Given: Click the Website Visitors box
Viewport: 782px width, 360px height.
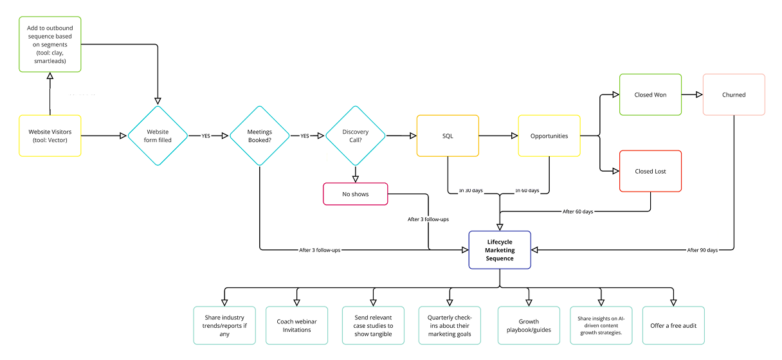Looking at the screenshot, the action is point(50,136).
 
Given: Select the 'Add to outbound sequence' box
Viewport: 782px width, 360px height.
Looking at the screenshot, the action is point(50,44).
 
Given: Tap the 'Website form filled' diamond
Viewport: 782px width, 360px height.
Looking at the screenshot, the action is point(158,136).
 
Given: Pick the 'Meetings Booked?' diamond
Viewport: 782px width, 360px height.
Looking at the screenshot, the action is point(259,136).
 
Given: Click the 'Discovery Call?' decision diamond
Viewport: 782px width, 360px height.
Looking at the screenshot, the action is point(356,136).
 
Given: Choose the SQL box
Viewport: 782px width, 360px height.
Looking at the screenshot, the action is point(448,136).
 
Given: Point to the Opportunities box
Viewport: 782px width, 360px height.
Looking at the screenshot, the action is point(549,136).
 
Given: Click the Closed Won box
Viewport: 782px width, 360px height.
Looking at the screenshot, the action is point(650,94).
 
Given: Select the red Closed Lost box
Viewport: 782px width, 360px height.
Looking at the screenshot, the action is point(650,171).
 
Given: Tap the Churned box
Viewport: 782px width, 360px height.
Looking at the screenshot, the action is point(734,94).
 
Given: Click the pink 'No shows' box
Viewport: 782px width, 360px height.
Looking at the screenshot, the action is point(356,194).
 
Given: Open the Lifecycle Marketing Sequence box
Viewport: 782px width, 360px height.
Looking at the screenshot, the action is point(500,250).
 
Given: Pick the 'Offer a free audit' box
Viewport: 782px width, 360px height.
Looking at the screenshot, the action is point(673,325).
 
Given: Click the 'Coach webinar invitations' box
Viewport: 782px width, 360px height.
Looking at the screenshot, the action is point(296,325).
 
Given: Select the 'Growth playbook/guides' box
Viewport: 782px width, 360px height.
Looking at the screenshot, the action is point(529,325).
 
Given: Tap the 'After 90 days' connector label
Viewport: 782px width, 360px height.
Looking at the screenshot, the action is point(702,250).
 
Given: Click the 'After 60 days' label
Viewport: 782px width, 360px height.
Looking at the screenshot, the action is point(577,212).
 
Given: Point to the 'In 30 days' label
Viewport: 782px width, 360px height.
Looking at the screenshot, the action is point(471,190).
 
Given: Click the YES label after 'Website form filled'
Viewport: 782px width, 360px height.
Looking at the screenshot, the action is point(206,136).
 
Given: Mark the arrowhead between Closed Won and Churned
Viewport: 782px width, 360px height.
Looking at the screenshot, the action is point(699,94).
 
